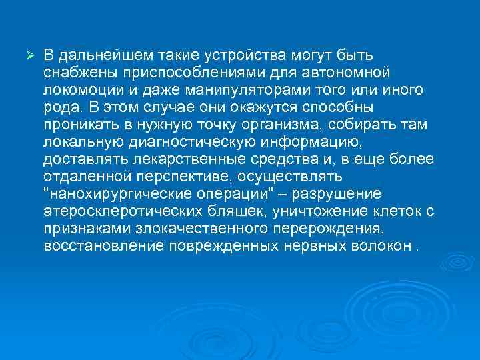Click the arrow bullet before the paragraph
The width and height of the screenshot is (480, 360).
[x=28, y=53]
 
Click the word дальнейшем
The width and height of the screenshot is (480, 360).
[x=98, y=54]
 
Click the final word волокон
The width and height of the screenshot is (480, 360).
[x=383, y=247]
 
